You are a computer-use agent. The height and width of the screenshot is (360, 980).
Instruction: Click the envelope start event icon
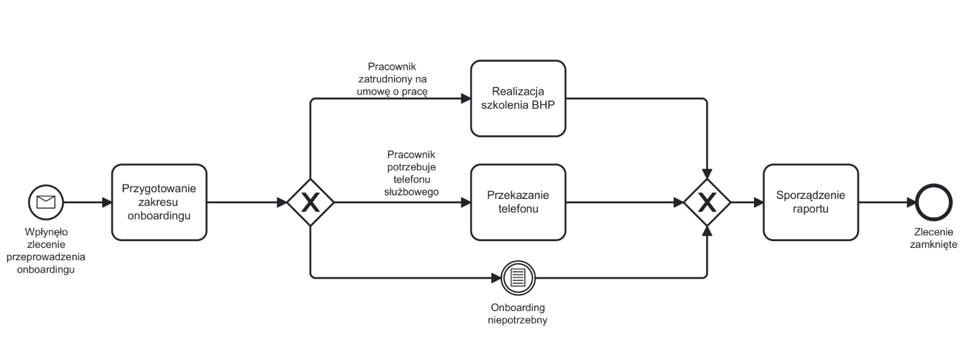click(x=46, y=202)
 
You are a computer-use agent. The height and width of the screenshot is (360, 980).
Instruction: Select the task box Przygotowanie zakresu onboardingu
click(x=159, y=202)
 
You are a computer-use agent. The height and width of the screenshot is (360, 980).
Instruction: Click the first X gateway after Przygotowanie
click(x=311, y=202)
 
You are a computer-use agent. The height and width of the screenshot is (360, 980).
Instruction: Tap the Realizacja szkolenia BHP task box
click(x=518, y=99)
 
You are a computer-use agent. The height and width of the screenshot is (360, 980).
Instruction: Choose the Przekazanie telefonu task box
click(x=518, y=202)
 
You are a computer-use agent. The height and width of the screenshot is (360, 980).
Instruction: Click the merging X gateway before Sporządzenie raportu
click(x=707, y=202)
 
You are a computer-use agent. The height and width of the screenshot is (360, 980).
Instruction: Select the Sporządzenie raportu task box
click(x=810, y=202)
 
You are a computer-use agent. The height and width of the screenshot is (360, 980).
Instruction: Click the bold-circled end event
click(x=933, y=202)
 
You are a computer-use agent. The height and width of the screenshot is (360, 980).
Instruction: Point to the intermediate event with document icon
click(x=518, y=278)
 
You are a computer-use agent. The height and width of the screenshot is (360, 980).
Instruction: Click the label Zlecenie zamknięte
click(x=933, y=239)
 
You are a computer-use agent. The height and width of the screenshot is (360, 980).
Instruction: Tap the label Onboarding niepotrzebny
click(x=518, y=313)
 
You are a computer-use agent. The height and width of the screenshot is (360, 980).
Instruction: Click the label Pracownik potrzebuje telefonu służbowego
click(x=412, y=173)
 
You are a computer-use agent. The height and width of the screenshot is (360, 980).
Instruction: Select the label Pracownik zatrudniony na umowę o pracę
click(x=392, y=79)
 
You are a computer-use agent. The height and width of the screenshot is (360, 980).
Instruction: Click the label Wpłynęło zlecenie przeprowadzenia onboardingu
click(x=46, y=250)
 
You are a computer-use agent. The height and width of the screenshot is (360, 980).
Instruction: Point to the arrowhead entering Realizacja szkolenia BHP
click(x=466, y=99)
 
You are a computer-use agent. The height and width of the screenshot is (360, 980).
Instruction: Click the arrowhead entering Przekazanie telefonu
click(x=466, y=202)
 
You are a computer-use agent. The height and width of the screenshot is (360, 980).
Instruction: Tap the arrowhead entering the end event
click(x=910, y=202)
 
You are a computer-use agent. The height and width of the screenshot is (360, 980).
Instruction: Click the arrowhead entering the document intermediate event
click(x=496, y=278)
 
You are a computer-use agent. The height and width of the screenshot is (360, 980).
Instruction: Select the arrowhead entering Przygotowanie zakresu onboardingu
click(x=107, y=202)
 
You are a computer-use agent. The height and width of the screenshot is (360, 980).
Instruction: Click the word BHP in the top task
click(x=543, y=105)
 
